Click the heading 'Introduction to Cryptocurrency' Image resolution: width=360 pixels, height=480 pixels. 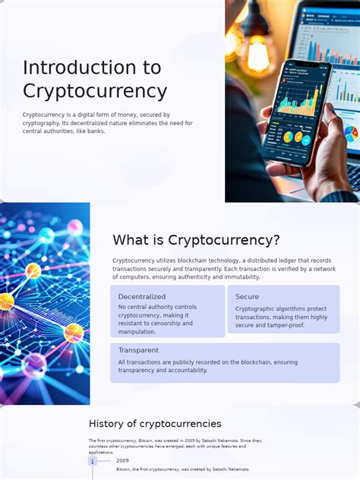pyautogui.click(x=95, y=79)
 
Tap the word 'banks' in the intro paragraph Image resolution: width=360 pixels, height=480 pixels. pyautogui.click(x=95, y=131)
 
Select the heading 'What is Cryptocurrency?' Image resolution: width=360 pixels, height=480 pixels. pyautogui.click(x=196, y=240)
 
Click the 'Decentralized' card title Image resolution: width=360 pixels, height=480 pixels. pyautogui.click(x=142, y=296)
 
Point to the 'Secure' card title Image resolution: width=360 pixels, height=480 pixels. pyautogui.click(x=247, y=296)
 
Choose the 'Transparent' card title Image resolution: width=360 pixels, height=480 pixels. pyautogui.click(x=138, y=350)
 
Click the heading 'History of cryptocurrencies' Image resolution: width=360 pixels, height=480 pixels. pyautogui.click(x=155, y=424)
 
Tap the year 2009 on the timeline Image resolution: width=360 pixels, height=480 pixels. pyautogui.click(x=122, y=460)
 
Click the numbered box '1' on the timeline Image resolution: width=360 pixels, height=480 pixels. pyautogui.click(x=93, y=461)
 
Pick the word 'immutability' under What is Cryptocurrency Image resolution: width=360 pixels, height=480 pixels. pyautogui.click(x=238, y=276)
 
